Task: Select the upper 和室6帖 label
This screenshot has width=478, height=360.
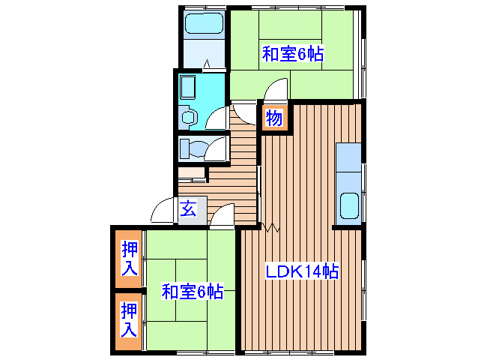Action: (292, 54)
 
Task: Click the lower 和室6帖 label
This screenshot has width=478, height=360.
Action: (193, 292)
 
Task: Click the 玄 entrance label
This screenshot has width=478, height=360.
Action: (187, 210)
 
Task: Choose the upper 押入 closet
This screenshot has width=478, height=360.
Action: (130, 257)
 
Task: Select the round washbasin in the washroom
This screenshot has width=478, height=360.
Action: (188, 117)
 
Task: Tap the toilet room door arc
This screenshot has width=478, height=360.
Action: (219, 148)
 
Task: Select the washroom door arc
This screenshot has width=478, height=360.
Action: (218, 118)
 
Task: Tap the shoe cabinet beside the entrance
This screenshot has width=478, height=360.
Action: (192, 173)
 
